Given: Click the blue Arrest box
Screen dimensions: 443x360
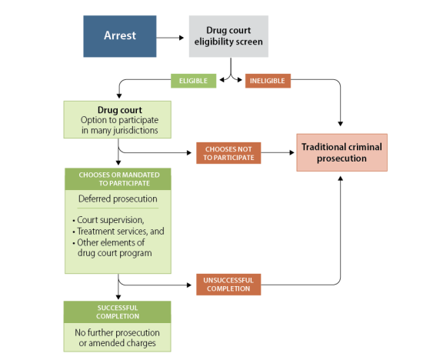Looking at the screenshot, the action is [x=120, y=36].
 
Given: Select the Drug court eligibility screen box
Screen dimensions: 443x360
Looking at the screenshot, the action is [x=228, y=36].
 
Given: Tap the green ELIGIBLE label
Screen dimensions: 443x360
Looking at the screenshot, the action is [x=194, y=81].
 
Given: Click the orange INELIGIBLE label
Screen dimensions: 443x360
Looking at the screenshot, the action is [x=268, y=81].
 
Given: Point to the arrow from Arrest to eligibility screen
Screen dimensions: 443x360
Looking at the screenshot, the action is [x=170, y=38].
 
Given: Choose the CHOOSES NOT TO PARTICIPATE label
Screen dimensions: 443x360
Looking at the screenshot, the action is [x=228, y=153].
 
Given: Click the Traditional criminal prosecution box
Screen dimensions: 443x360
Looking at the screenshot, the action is [x=341, y=152].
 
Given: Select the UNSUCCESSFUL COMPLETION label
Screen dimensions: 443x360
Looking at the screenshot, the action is [x=228, y=285].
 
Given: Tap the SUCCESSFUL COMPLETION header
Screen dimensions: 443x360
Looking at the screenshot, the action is [x=117, y=312].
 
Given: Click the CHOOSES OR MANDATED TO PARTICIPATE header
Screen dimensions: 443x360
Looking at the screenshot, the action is [x=118, y=179].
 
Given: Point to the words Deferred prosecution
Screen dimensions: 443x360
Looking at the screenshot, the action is [x=118, y=199].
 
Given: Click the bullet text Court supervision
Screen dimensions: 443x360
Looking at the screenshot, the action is [x=111, y=220].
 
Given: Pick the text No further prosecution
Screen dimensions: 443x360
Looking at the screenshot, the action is [x=117, y=332].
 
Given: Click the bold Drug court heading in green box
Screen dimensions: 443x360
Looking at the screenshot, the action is [x=120, y=110].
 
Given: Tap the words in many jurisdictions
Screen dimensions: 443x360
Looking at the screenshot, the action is [x=120, y=130].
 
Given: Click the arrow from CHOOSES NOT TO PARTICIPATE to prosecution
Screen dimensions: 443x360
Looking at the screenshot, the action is [x=278, y=152].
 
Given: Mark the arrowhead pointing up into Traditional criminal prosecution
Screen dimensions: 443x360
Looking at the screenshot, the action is [x=341, y=178].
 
